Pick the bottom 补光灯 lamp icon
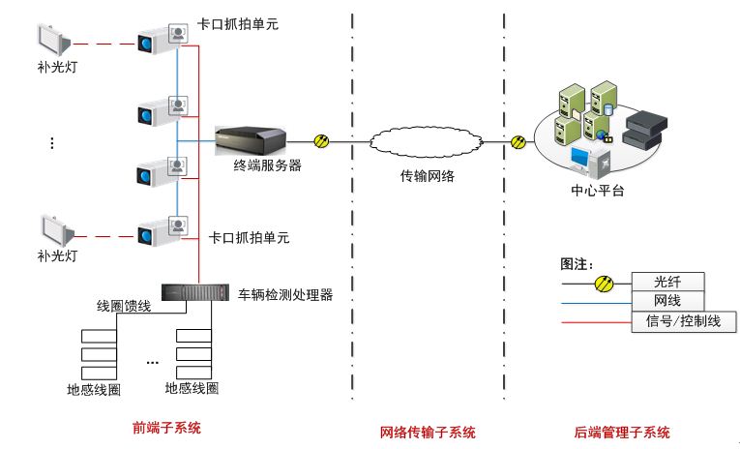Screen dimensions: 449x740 54,230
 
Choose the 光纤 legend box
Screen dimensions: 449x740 667,282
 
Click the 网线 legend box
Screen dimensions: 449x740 667,301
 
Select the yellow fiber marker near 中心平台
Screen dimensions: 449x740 518,142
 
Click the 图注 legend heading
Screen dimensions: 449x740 577,264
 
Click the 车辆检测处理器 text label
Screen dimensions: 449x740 285,294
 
